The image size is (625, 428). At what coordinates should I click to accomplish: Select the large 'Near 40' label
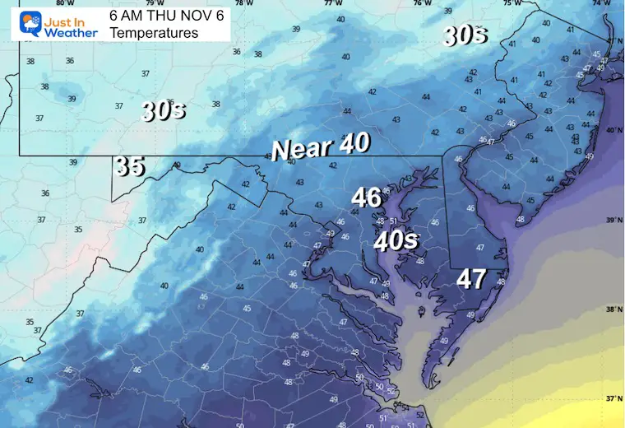click(321, 147)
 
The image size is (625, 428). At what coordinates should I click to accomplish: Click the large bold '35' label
click(130, 165)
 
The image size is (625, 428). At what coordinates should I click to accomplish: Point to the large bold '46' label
click(366, 198)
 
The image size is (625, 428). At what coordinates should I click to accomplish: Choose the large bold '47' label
click(471, 279)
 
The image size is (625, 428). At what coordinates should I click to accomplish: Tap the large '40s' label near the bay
click(396, 241)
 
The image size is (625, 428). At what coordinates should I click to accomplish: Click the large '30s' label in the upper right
click(465, 35)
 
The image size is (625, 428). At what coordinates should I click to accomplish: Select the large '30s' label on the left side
click(162, 110)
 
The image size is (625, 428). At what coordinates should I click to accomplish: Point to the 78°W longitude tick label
click(238, 3)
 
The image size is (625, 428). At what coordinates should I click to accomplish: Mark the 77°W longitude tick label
click(332, 3)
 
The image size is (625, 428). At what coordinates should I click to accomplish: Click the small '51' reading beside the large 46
click(393, 221)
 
